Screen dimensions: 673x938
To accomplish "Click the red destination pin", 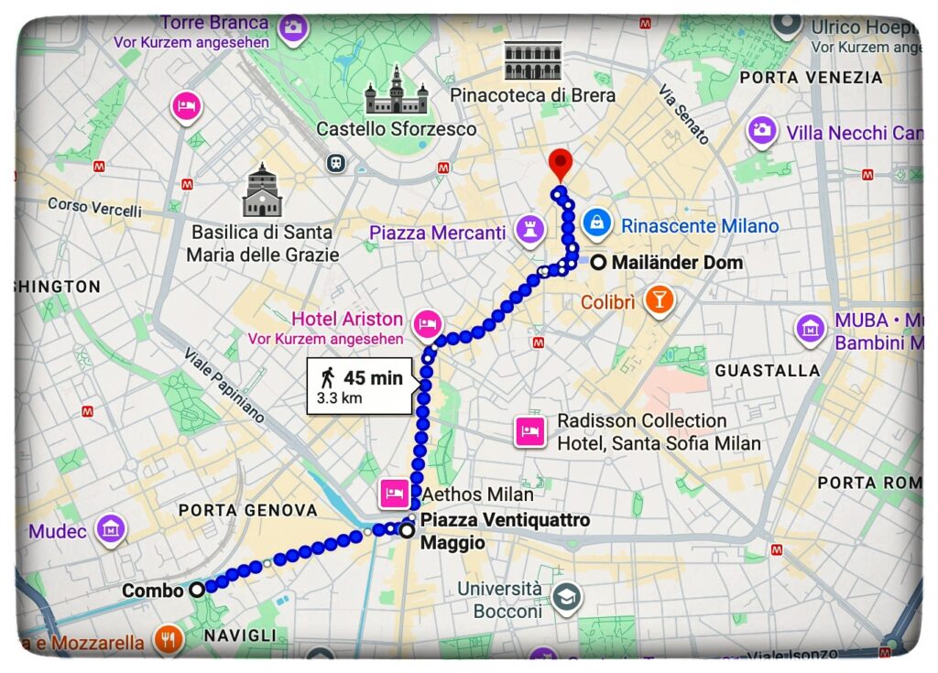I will pyautogui.click(x=560, y=166).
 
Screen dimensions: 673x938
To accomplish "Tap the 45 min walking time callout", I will pyautogui.click(x=362, y=386).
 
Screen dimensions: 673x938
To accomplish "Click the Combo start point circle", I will pyautogui.click(x=197, y=591).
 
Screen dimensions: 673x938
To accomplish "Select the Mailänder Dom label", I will pyautogui.click(x=677, y=263).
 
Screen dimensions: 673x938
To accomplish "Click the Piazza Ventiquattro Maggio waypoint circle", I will pyautogui.click(x=407, y=529).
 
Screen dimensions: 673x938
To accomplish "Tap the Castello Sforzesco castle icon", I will pyautogui.click(x=397, y=92).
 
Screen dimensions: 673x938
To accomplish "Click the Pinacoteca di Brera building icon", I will pyautogui.click(x=531, y=61).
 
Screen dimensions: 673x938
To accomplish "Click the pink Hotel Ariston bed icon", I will pyautogui.click(x=428, y=323).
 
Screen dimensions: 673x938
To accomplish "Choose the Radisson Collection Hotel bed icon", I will pyautogui.click(x=529, y=430).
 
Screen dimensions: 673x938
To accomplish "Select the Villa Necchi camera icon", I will pyautogui.click(x=762, y=130).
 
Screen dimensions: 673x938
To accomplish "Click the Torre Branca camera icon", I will pyautogui.click(x=293, y=27).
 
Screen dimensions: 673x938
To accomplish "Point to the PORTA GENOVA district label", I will pyautogui.click(x=248, y=510).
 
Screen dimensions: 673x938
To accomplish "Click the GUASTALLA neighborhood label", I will pyautogui.click(x=767, y=371).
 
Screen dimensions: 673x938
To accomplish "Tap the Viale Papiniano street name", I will pyautogui.click(x=224, y=385).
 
